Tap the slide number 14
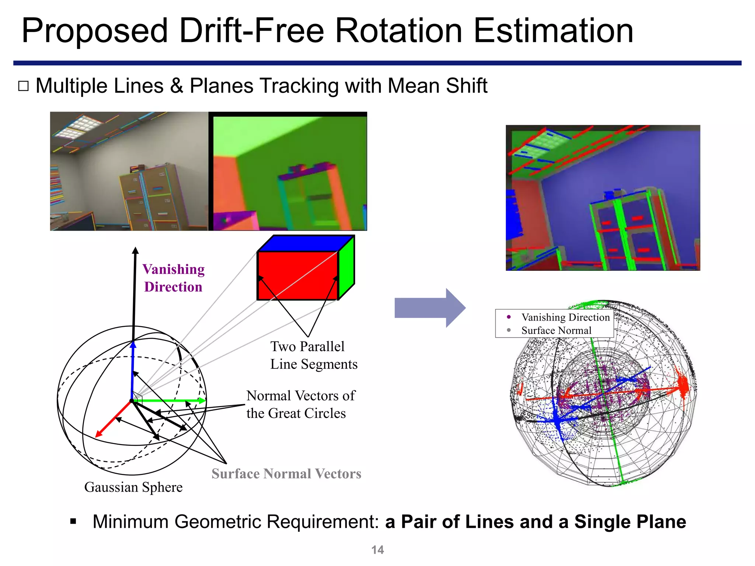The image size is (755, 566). point(377,550)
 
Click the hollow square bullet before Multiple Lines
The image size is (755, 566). point(23,86)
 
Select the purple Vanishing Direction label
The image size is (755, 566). point(173,278)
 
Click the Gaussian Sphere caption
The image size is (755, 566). point(133,487)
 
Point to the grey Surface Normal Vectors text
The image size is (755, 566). point(286,474)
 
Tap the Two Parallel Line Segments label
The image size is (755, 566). point(314,355)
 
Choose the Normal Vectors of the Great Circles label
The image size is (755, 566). point(300,404)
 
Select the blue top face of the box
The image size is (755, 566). point(306,244)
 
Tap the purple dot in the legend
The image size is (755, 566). point(509,317)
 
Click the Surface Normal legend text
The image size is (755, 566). point(556,331)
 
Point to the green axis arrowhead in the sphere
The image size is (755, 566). point(202,401)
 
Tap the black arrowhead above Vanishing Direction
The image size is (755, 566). point(135,251)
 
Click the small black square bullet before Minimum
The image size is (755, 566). point(73,521)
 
